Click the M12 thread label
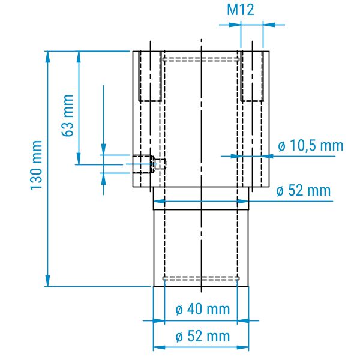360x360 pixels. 241,10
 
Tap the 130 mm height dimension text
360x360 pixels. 37,166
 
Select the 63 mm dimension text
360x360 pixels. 68,115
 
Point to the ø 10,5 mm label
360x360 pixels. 310,146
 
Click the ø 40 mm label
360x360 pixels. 203,309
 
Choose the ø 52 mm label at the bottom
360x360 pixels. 203,336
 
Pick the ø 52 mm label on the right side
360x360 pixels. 304,191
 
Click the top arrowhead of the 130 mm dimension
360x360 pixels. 47,56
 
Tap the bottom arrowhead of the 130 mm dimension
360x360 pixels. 47,281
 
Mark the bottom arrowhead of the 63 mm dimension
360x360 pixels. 79,159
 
